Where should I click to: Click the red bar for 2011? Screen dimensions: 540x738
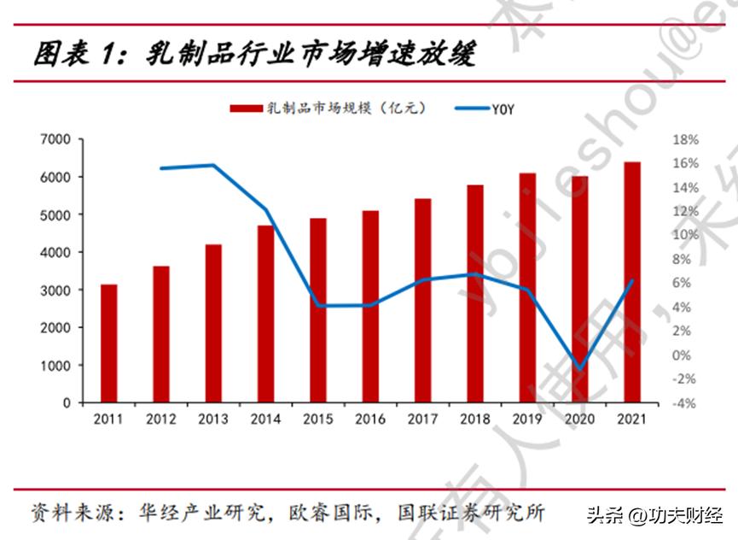109,343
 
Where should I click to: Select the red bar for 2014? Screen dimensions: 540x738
265,314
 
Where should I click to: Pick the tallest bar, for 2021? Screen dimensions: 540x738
631,282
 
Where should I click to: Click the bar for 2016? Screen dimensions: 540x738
370,306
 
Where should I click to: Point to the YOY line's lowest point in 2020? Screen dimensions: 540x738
580,370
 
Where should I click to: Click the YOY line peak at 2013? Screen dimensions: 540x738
213,165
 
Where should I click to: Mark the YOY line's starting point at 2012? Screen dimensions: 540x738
161,168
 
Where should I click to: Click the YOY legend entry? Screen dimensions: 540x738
483,109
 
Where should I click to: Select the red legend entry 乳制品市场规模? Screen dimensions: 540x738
328,109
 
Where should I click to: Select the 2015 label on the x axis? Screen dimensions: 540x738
317,420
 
